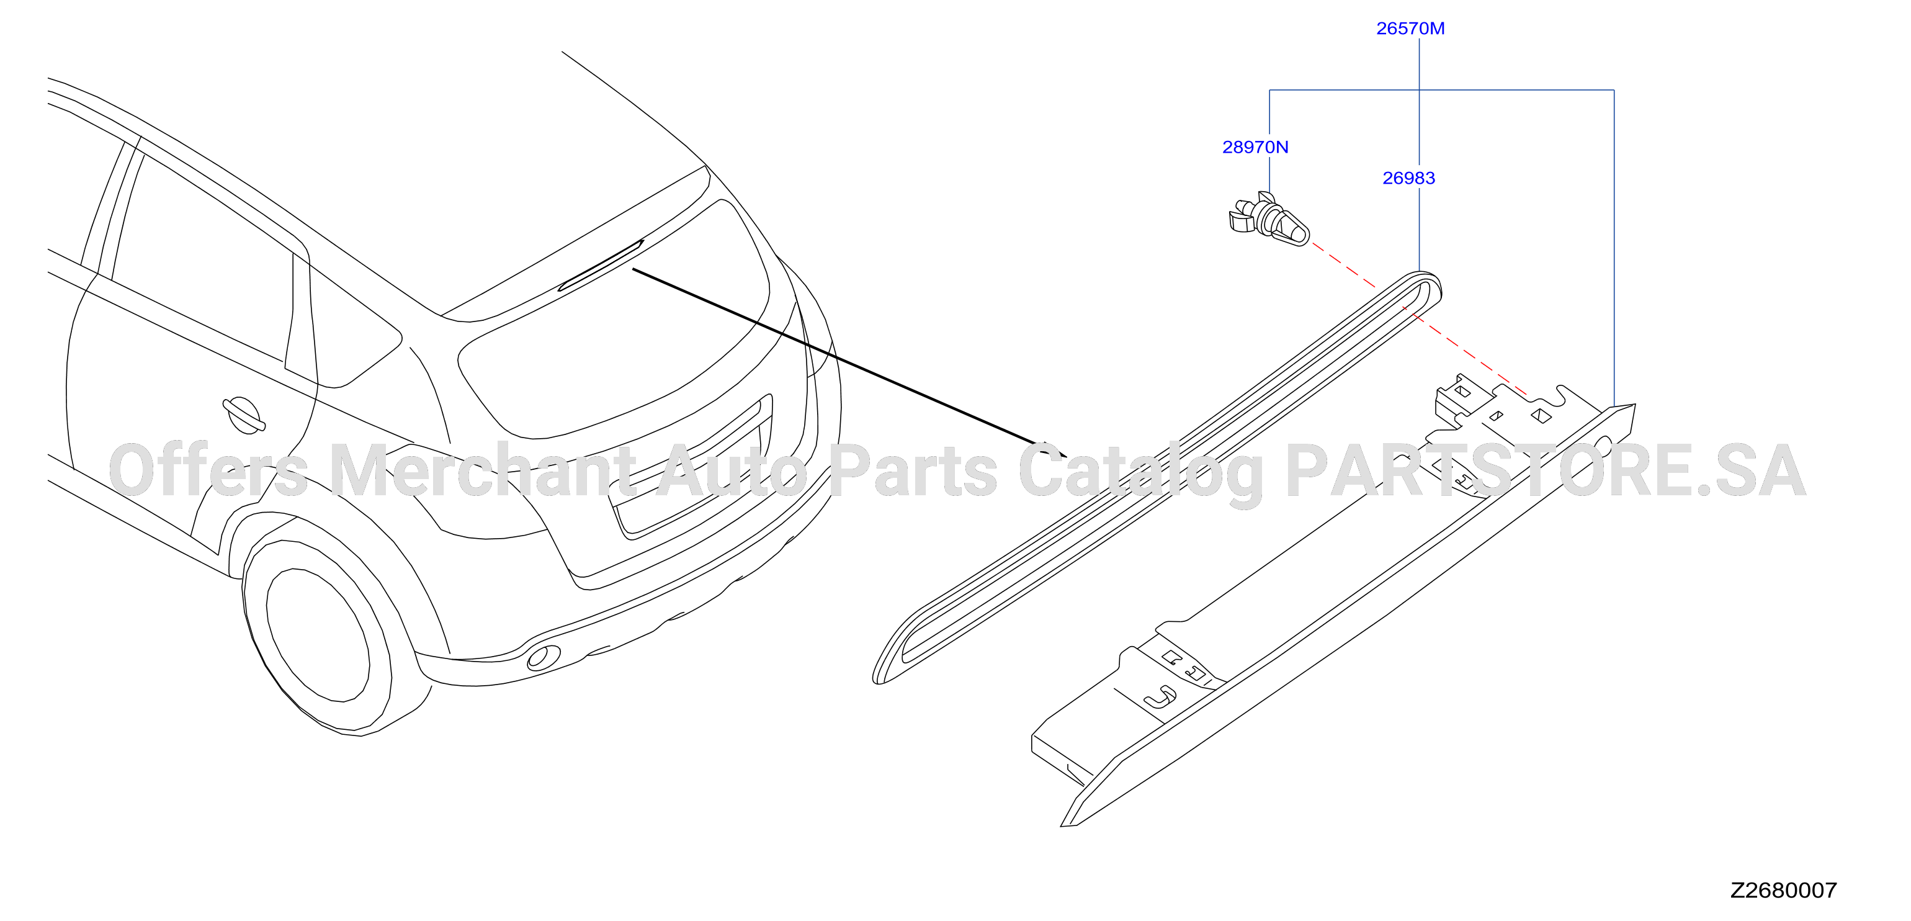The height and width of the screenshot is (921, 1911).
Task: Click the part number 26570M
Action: tap(1410, 28)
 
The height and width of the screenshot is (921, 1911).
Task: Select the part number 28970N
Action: tap(1255, 147)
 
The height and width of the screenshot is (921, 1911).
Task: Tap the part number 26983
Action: tap(1409, 178)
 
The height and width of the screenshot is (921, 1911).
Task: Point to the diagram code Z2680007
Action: tap(1783, 890)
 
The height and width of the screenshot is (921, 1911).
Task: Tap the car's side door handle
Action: tap(244, 414)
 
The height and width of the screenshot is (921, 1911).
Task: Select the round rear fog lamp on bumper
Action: tap(544, 657)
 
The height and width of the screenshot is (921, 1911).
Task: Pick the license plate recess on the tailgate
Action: tap(690, 475)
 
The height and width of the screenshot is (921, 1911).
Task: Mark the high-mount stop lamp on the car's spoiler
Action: tap(600, 265)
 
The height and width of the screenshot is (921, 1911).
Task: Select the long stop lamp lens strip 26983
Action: tap(1157, 478)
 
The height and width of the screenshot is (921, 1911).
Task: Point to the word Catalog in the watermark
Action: tap(1141, 475)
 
